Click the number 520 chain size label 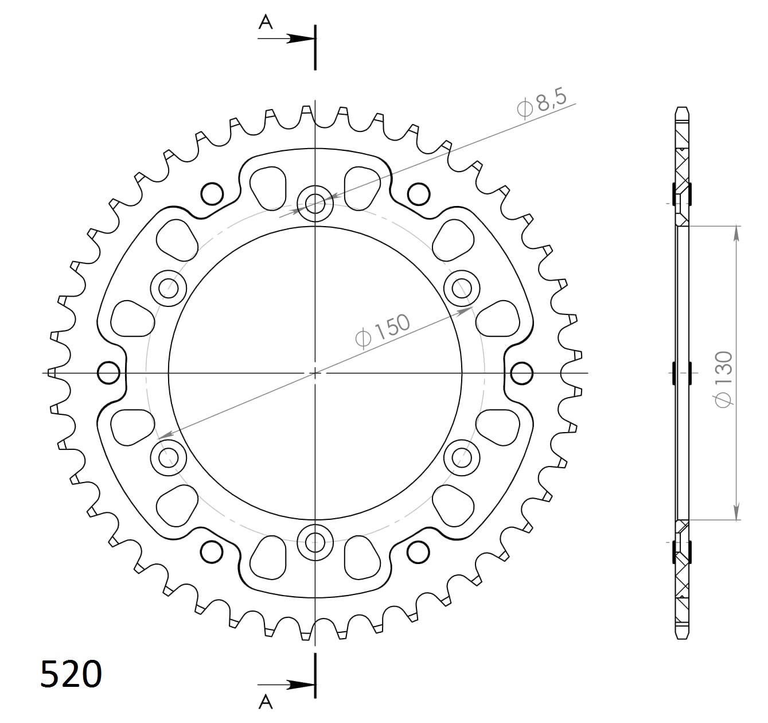tap(71, 674)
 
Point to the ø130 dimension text tap(724, 379)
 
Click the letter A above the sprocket tap(266, 22)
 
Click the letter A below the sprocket tap(266, 701)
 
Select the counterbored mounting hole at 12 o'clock tap(314, 203)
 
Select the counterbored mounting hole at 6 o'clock tap(314, 542)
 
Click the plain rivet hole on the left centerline tap(109, 373)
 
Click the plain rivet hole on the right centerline tap(521, 373)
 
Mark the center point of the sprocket tap(315, 373)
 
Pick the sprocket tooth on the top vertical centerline tap(307, 112)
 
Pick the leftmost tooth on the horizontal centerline tap(53, 373)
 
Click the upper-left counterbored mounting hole tap(168, 287)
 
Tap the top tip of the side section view tap(682, 109)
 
